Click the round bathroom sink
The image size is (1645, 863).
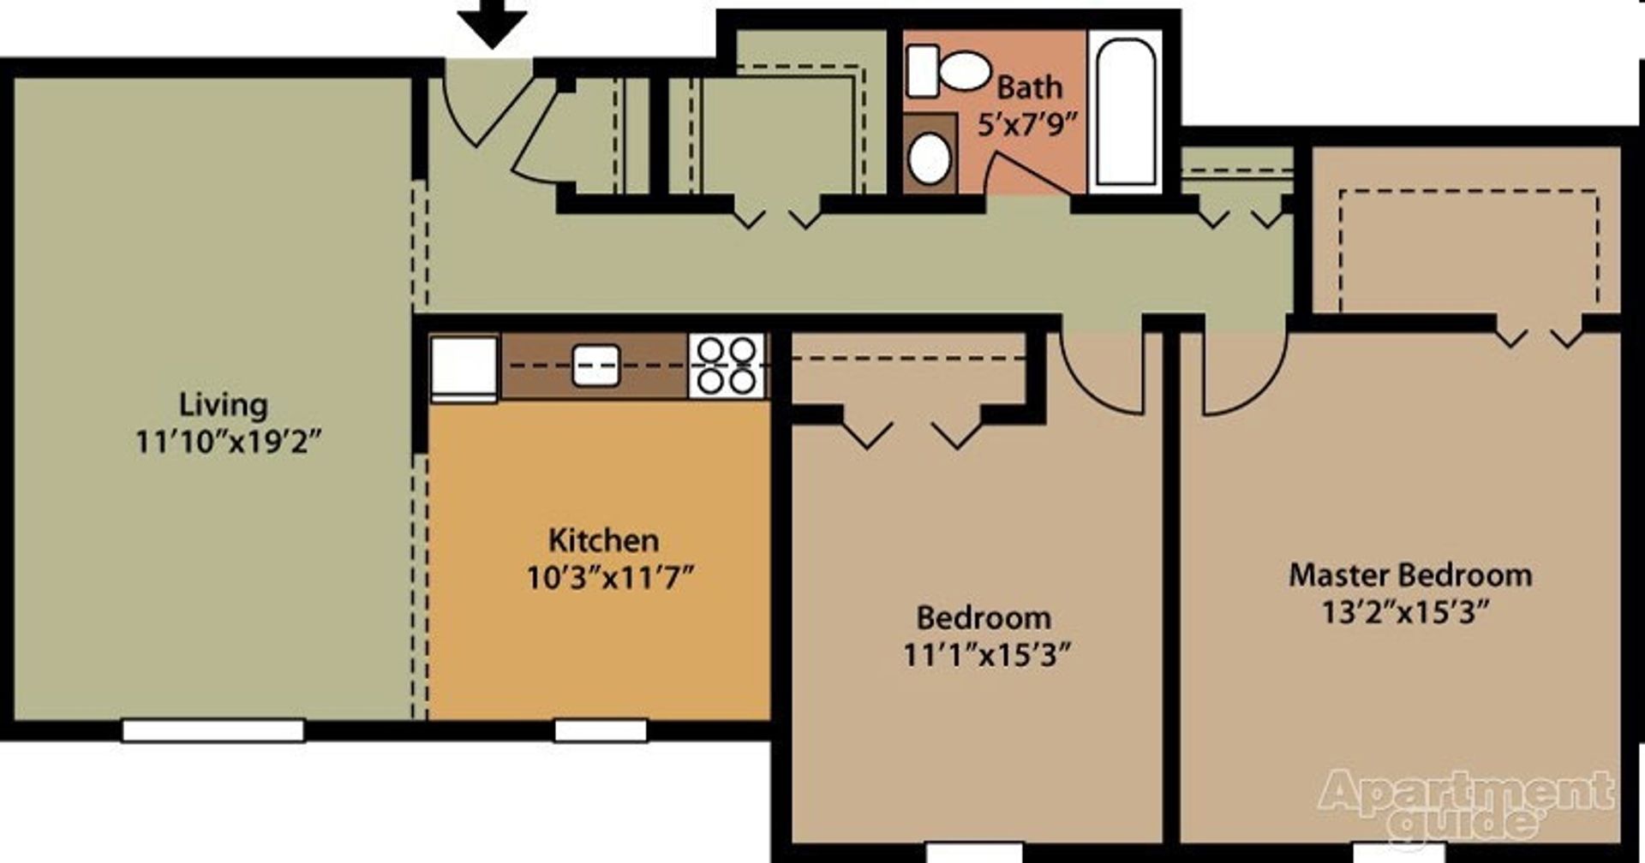[929, 158]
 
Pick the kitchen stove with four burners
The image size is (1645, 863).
[727, 366]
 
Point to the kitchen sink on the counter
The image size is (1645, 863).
[595, 365]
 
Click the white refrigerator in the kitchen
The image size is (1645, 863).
[464, 367]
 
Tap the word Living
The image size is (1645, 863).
[223, 404]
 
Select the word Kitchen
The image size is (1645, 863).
[603, 540]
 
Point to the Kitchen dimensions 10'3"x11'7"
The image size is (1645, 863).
[609, 578]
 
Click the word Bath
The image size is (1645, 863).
[1029, 87]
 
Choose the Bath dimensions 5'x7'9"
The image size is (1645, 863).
[1026, 125]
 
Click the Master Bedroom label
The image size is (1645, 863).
[1410, 574]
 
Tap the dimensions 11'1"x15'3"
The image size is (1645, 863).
[987, 656]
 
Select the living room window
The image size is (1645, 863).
[213, 730]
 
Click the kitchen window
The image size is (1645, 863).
[601, 730]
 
